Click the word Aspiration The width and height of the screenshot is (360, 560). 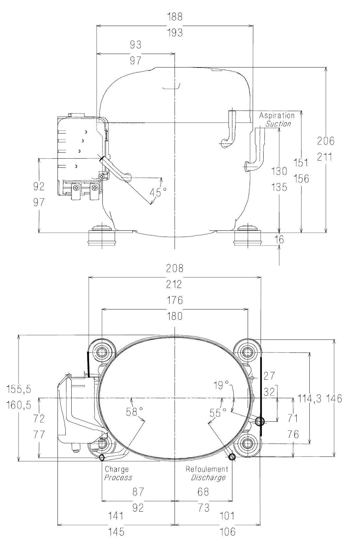click(x=277, y=116)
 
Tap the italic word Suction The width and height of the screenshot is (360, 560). click(x=278, y=124)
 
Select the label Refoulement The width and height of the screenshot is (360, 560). click(x=207, y=469)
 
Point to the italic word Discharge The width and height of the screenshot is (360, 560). click(x=208, y=477)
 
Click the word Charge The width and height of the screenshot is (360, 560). click(x=117, y=469)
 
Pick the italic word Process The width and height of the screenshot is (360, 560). click(x=118, y=477)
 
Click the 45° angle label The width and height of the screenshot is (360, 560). click(x=158, y=192)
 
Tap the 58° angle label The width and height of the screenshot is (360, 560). click(x=134, y=412)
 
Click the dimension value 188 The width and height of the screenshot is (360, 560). click(x=175, y=17)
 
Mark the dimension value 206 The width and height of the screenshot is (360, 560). click(x=326, y=141)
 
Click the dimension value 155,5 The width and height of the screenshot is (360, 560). click(x=19, y=389)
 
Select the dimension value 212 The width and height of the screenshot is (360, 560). click(x=175, y=284)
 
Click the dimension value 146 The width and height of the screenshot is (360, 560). click(x=334, y=398)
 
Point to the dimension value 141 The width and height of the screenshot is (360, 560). click(x=116, y=516)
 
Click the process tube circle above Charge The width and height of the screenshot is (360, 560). click(x=102, y=457)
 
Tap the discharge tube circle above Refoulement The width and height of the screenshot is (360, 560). click(x=232, y=457)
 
